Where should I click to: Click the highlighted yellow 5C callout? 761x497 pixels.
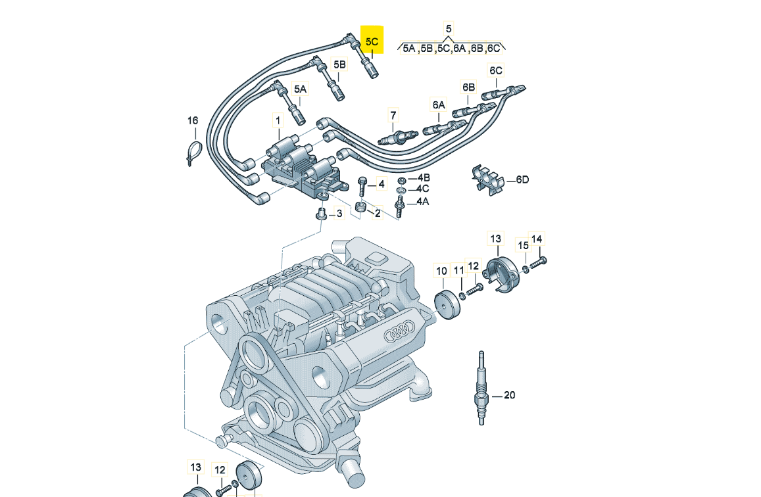click(372, 41)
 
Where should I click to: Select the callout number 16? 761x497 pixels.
click(192, 121)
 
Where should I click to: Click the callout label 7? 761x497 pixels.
click(393, 116)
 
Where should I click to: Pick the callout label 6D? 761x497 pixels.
click(522, 179)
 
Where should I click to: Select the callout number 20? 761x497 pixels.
click(509, 395)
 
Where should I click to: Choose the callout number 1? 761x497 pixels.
click(278, 121)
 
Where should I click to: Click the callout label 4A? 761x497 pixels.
click(422, 202)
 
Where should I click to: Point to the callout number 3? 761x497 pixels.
click(339, 213)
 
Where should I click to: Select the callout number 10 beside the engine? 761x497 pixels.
click(441, 270)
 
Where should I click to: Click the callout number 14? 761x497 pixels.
click(537, 239)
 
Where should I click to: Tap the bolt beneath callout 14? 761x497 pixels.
click(537, 262)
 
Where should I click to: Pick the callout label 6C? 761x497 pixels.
click(495, 70)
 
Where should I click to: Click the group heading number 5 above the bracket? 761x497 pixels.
click(449, 29)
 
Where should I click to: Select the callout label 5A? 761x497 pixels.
click(300, 89)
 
